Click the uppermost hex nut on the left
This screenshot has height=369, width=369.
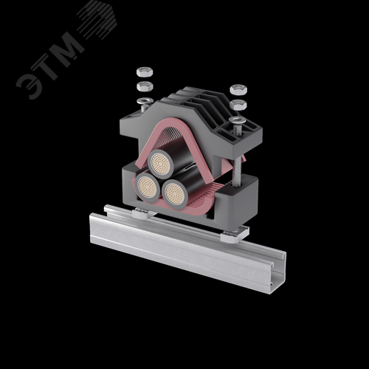coord(145,72)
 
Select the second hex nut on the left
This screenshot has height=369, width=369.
coord(145,86)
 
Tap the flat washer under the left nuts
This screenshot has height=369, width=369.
coord(145,100)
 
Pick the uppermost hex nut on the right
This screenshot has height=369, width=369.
coord(238,89)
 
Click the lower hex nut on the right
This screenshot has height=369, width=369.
coord(238,105)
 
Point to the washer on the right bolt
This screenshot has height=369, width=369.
coord(238,120)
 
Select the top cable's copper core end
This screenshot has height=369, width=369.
coord(161,163)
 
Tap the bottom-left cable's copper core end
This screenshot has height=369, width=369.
coord(148,187)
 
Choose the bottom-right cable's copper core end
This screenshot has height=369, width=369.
coord(175,194)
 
